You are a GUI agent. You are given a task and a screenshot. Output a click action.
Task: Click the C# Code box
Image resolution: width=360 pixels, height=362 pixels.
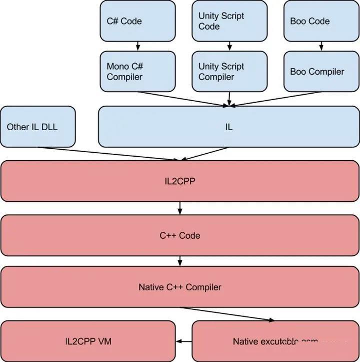[x=137, y=21]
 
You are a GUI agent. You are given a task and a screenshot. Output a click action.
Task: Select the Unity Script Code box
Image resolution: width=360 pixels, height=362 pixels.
[x=229, y=21]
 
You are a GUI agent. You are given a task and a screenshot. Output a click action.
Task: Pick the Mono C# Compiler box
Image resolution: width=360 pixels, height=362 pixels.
[x=137, y=72]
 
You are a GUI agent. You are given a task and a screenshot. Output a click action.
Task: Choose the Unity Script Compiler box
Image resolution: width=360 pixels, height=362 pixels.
[x=229, y=72]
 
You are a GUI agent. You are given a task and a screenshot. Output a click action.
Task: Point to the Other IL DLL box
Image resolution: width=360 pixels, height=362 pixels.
[x=38, y=127]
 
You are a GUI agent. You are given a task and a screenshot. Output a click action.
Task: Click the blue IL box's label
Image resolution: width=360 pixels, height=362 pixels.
[x=229, y=127]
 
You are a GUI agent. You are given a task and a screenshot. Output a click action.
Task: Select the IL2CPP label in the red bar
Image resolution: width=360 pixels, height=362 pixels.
[x=179, y=181]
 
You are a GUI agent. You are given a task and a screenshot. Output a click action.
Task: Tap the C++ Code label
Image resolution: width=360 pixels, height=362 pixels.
[x=179, y=235]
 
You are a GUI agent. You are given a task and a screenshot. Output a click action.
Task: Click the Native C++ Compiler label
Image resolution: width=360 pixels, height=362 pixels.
[x=179, y=287]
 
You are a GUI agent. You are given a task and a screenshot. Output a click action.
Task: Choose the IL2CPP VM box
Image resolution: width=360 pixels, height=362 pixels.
[x=88, y=341]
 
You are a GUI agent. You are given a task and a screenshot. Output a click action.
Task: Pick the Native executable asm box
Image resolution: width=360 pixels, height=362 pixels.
[x=275, y=341]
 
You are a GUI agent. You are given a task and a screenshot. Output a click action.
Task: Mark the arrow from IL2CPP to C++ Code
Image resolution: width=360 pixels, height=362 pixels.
[x=179, y=207]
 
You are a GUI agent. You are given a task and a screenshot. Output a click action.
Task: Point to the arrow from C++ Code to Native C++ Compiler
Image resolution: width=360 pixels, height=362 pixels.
[x=179, y=261]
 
